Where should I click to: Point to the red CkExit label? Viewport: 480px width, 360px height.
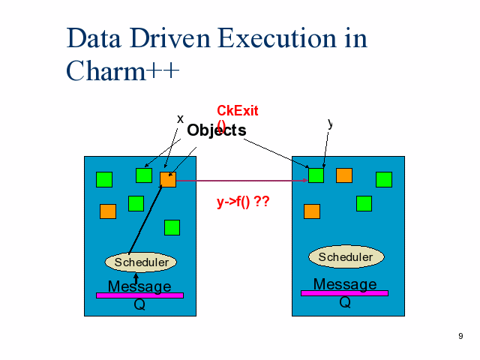point(237,111)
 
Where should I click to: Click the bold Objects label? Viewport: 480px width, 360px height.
point(216,130)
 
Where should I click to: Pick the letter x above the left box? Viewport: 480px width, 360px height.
point(180,118)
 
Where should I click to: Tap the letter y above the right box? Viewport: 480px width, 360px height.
point(330,123)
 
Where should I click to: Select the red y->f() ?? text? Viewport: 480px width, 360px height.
point(242,202)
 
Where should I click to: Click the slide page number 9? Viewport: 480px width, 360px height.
point(460,336)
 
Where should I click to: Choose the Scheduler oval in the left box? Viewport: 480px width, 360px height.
point(141,262)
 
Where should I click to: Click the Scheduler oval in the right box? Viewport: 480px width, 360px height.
point(346,257)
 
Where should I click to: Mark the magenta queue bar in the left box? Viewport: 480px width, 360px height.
point(139,295)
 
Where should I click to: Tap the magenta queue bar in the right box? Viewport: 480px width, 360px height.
point(344,293)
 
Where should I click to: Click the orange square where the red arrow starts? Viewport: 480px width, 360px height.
point(168,179)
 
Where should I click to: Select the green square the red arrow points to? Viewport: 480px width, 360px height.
point(316,175)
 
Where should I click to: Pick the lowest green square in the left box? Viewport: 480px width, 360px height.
point(172,227)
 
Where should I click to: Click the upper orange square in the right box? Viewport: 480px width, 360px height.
point(344,175)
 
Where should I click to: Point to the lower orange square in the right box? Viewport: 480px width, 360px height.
point(312,211)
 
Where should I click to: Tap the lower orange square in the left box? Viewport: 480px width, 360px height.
point(108,211)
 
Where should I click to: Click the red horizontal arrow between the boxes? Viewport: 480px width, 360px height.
point(240,181)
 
